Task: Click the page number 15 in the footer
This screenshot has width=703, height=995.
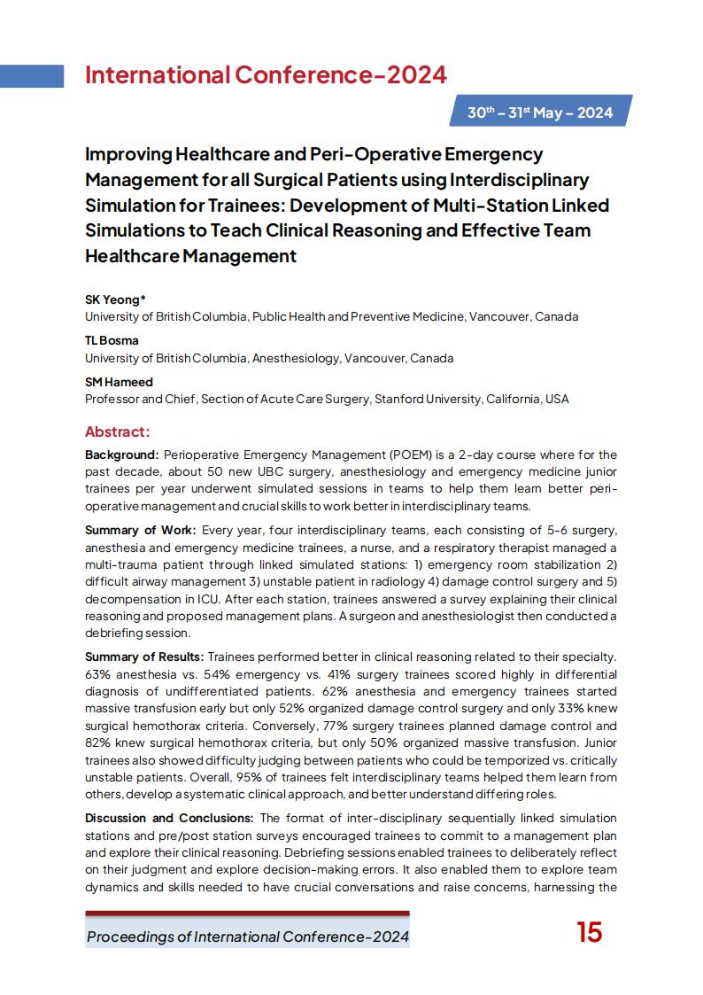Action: [589, 932]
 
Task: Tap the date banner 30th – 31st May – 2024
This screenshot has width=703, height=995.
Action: [540, 113]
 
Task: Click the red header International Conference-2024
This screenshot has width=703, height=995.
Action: [266, 75]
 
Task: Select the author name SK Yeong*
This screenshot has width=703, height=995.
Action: [115, 299]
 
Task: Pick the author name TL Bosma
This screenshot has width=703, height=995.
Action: [112, 340]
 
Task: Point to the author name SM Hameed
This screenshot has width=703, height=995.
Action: [119, 382]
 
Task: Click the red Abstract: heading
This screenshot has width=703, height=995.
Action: [117, 431]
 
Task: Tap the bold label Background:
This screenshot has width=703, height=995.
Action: [122, 455]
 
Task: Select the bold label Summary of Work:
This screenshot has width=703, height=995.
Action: [140, 531]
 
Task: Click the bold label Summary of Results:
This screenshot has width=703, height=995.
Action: [144, 657]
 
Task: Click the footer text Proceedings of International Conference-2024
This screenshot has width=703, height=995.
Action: [248, 937]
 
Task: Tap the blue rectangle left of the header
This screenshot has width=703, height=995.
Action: [32, 76]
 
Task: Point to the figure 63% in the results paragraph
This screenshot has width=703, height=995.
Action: [98, 674]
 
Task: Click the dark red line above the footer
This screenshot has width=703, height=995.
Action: [247, 913]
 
